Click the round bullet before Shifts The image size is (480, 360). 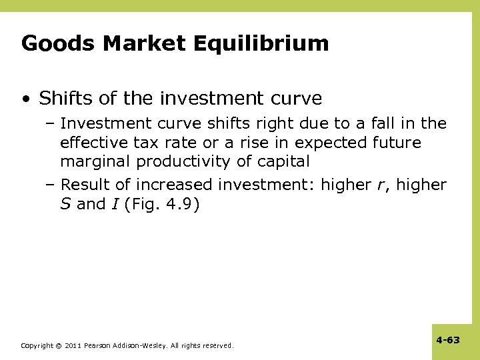pos(25,99)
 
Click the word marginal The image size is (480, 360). pos(95,161)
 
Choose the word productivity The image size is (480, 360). pos(182,161)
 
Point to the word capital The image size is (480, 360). pos(283,161)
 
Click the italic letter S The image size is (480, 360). pos(65,204)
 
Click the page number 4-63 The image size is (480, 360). pos(448,340)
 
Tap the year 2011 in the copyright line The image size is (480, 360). pos(73,346)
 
